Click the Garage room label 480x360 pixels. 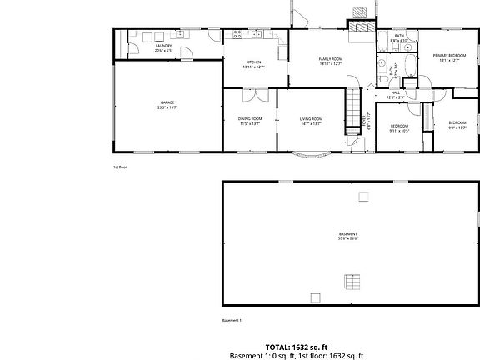167,102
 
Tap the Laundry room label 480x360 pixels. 163,46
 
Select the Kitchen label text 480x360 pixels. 254,62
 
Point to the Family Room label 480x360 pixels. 331,58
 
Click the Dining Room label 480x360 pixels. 250,119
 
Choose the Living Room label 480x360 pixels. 311,119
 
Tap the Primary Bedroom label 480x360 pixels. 448,55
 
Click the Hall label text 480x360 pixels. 396,92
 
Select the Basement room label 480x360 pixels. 348,233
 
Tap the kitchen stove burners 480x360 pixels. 237,35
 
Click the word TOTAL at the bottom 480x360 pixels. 278,346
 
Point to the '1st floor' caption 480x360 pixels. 120,167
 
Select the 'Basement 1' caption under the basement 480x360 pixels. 232,320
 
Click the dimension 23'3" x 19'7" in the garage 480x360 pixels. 167,107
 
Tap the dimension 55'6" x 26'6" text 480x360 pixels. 348,238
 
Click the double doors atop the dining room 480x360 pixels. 251,87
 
